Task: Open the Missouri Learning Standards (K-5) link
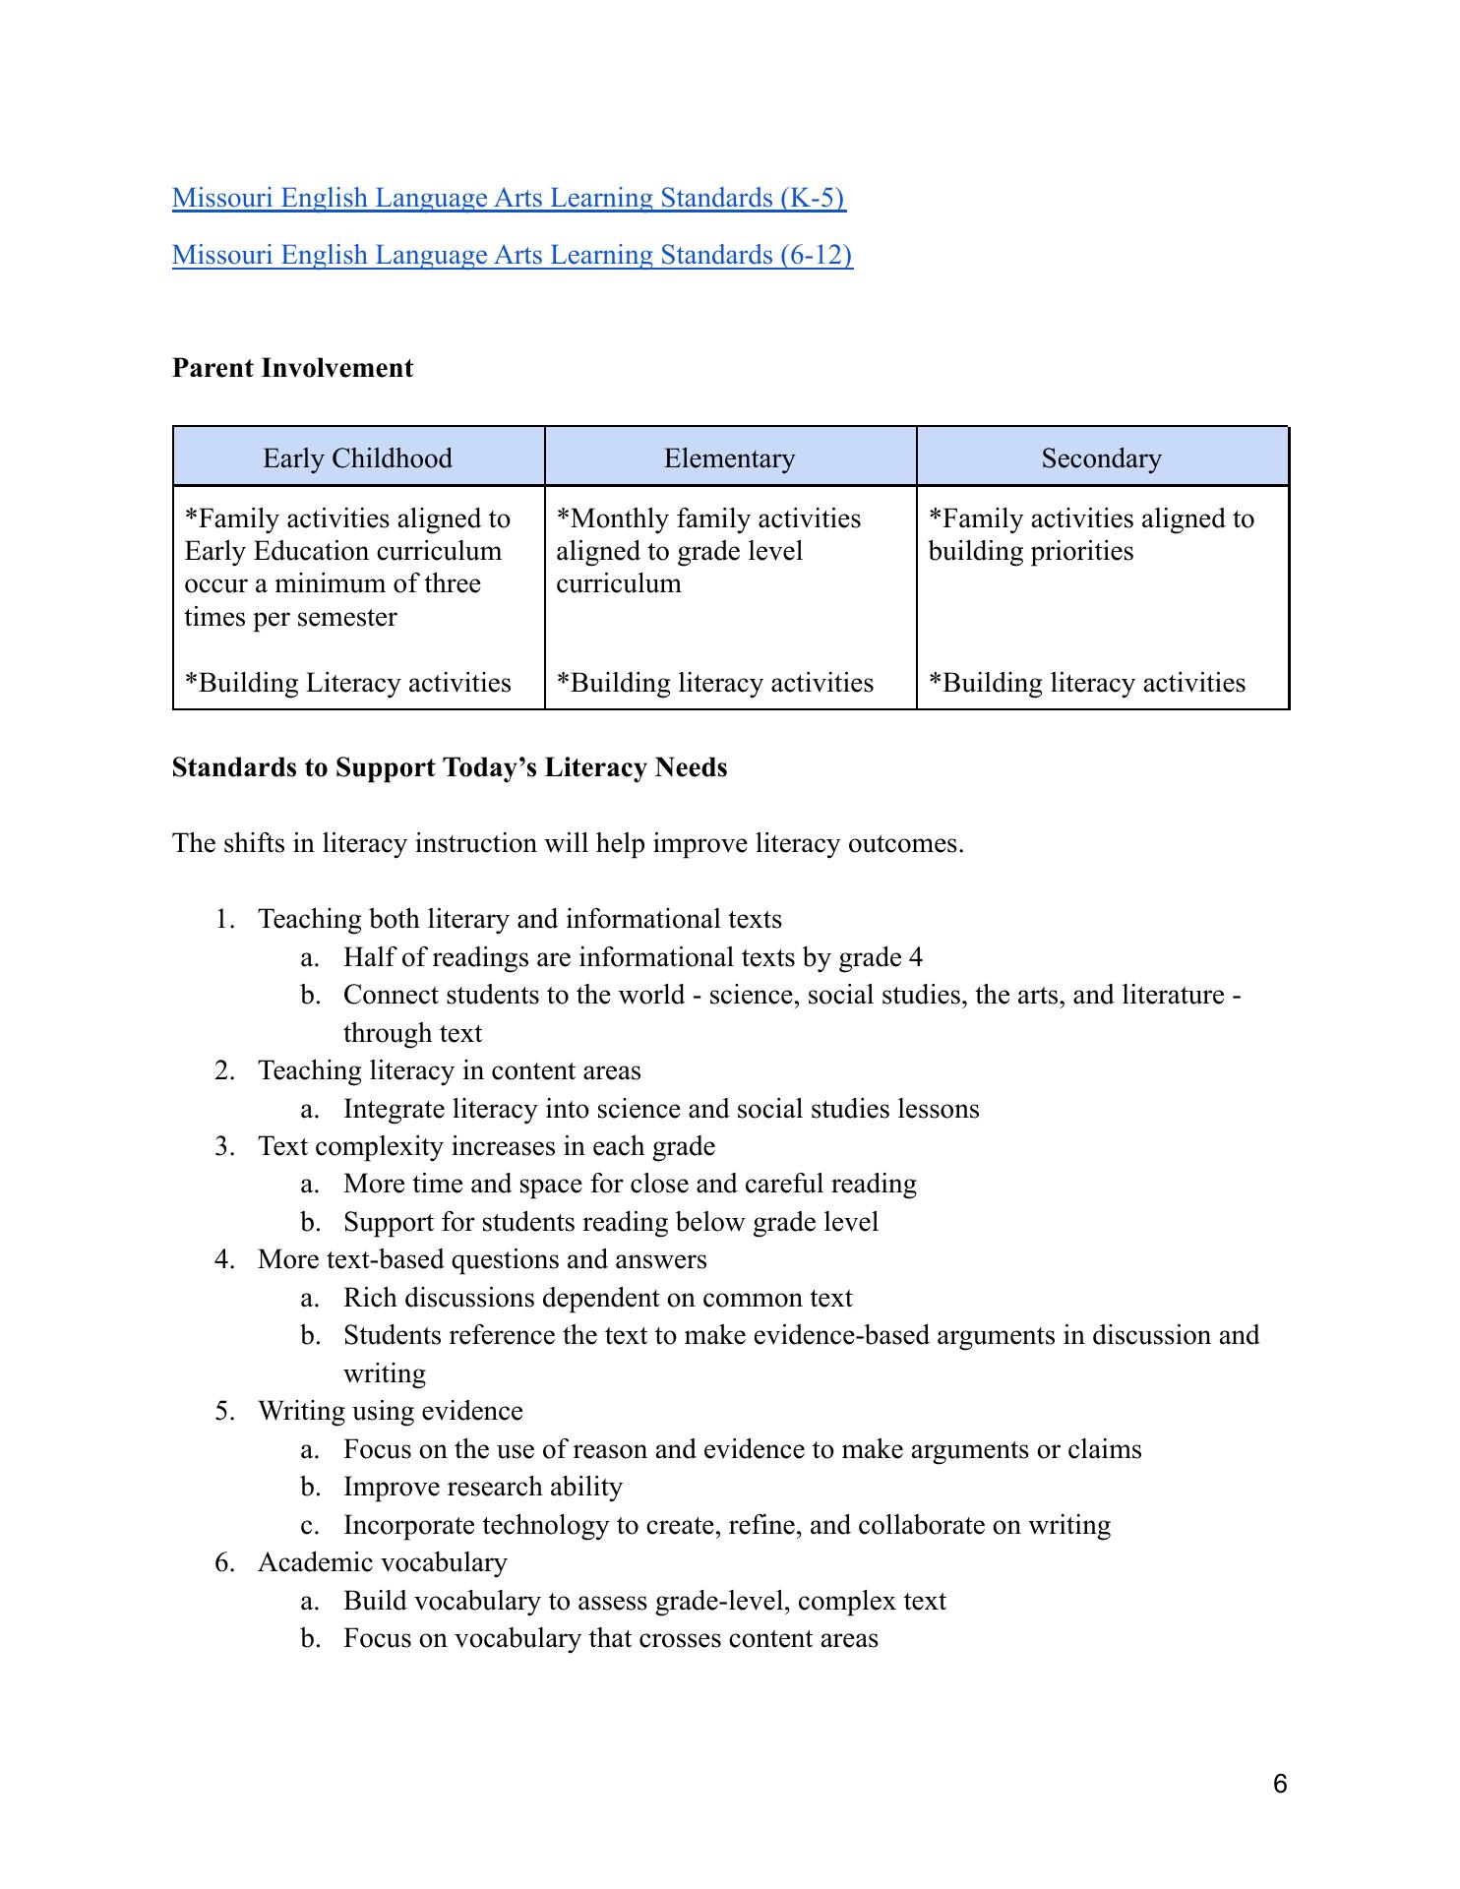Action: coord(509,198)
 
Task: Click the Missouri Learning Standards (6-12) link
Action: coord(512,255)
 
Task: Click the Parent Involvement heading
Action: coord(292,368)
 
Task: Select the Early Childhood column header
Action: coord(357,458)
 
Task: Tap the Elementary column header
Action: coord(729,458)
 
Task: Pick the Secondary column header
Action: coord(1101,458)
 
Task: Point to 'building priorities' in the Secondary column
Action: coord(1030,551)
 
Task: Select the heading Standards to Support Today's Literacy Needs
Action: coord(450,767)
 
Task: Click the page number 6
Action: coord(1279,1784)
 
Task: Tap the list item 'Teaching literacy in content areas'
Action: coord(449,1070)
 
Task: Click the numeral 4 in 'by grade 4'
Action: coord(916,957)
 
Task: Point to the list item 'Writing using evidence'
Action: coord(390,1411)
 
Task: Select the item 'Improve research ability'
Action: coord(482,1487)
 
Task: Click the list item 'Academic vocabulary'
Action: coord(382,1562)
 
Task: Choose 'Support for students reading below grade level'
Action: coord(610,1222)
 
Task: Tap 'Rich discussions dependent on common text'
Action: coord(597,1298)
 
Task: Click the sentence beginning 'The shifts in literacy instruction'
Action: coord(568,843)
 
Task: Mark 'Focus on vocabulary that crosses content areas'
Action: coord(610,1638)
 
